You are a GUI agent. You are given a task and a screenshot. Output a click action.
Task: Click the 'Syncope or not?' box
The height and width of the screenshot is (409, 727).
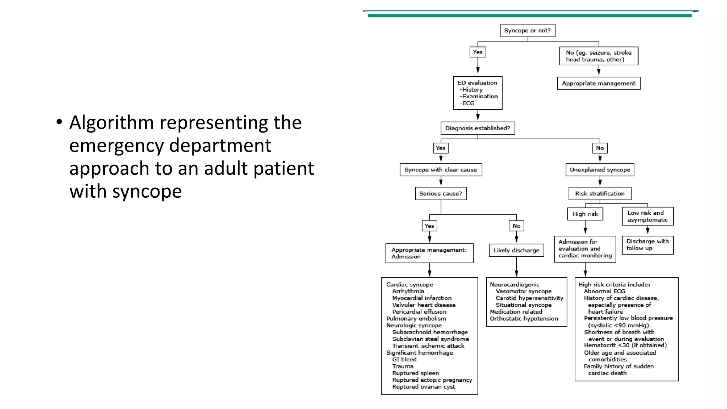(528, 31)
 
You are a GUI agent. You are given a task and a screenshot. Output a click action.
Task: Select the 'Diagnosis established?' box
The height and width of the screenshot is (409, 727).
(477, 128)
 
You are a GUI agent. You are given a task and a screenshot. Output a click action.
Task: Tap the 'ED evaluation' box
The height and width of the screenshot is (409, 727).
(477, 93)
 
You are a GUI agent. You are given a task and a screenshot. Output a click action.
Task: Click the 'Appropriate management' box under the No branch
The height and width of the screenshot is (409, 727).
(598, 83)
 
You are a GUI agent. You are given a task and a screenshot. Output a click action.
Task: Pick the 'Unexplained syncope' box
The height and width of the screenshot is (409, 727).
(600, 170)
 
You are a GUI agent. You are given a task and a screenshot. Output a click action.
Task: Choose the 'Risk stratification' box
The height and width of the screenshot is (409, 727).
(600, 193)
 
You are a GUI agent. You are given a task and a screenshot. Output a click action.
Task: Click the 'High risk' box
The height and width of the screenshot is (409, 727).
(585, 214)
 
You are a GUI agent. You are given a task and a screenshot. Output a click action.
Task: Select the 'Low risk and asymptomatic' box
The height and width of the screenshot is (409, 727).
(647, 216)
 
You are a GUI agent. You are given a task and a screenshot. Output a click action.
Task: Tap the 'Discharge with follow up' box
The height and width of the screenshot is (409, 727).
(647, 245)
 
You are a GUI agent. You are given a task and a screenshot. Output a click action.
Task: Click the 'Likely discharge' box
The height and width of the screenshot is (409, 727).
(516, 250)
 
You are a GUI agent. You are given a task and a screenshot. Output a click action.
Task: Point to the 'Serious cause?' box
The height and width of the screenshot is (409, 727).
(441, 193)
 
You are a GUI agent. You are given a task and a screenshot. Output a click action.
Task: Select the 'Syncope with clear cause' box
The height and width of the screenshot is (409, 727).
(441, 170)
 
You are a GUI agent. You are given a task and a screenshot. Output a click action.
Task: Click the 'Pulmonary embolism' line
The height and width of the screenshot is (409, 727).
(416, 318)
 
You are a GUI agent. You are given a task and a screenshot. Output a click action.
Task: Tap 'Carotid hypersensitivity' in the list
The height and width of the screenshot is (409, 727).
(529, 298)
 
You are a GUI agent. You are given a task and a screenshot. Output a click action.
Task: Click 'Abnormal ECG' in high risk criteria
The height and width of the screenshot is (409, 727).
(605, 291)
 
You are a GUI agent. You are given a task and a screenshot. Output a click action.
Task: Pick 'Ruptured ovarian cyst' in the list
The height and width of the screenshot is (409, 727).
(423, 387)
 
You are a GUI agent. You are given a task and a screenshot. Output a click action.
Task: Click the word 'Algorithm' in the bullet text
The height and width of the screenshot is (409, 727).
(111, 123)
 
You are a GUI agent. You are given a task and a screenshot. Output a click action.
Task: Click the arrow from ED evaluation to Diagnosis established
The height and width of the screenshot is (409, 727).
(478, 115)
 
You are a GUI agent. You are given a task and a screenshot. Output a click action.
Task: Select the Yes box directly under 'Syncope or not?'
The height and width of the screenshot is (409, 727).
(477, 52)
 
